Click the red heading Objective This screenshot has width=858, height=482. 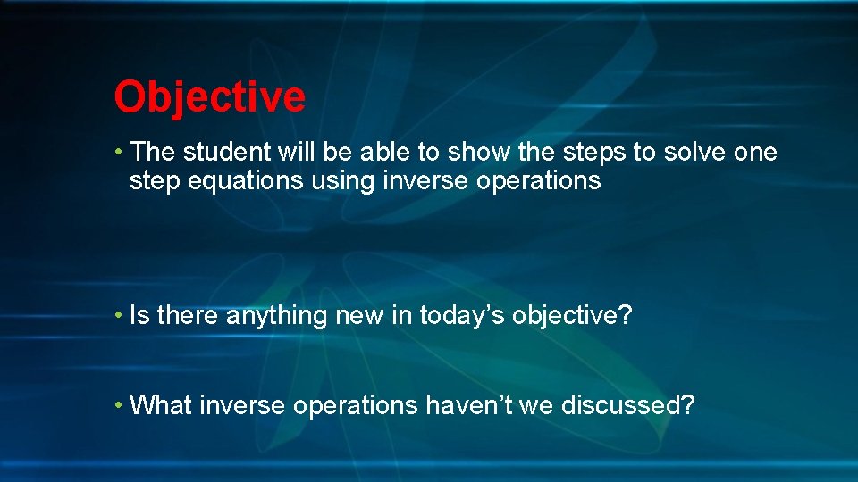click(209, 96)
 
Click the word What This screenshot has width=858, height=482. click(161, 405)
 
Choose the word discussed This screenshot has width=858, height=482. click(618, 405)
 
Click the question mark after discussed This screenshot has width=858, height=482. click(687, 405)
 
